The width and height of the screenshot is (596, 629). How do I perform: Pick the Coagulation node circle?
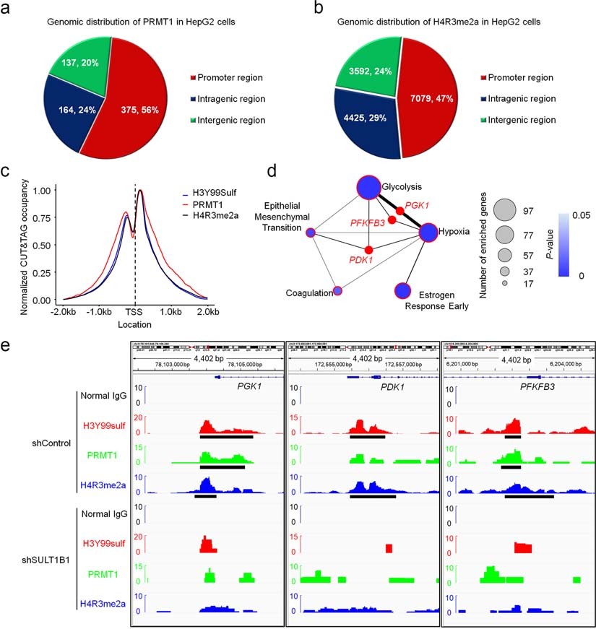[337, 291]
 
